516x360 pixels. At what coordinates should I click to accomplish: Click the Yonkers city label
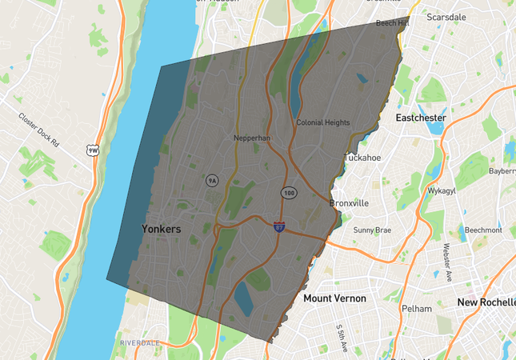(161, 229)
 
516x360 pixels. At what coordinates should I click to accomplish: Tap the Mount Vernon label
(334, 298)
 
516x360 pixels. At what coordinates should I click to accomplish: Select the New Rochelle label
(486, 302)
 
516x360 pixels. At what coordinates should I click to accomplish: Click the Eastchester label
(421, 118)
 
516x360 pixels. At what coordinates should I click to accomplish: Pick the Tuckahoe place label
(362, 158)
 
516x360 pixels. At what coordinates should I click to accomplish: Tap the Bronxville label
(350, 203)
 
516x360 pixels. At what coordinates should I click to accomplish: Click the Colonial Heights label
(322, 122)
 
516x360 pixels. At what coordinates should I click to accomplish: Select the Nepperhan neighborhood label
(253, 138)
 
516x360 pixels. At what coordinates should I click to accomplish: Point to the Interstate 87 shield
(279, 227)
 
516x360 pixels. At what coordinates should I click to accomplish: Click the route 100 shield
(289, 194)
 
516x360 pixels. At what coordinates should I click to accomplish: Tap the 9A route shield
(212, 181)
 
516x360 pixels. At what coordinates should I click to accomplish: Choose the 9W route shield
(94, 150)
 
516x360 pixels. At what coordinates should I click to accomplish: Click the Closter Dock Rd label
(39, 130)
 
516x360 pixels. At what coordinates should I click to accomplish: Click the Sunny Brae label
(372, 230)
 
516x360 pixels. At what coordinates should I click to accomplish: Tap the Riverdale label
(140, 342)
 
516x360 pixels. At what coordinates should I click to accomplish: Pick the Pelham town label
(418, 309)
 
